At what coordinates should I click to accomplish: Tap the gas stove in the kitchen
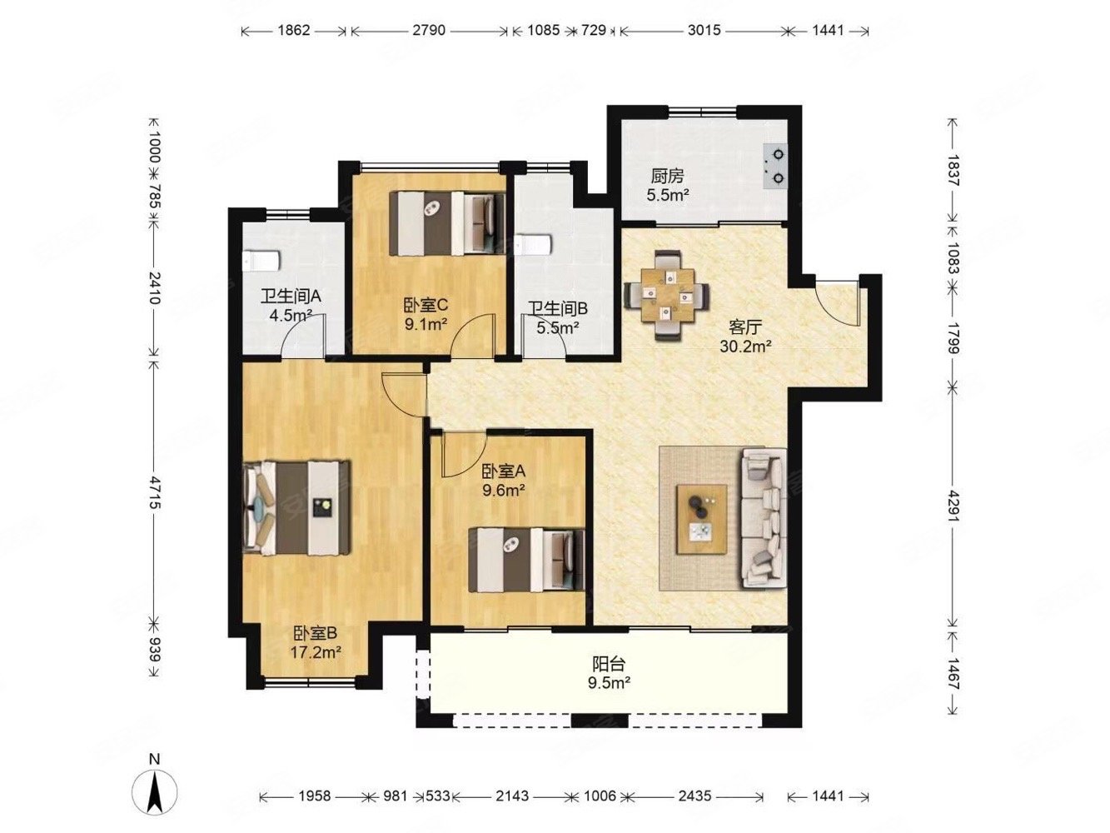pos(774,166)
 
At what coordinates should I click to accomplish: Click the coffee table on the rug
pos(701,519)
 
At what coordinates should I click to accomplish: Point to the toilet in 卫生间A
pos(261,261)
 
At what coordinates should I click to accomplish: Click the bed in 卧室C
pos(447,222)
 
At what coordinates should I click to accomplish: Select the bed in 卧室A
pos(526,559)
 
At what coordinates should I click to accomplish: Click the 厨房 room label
pos(667,176)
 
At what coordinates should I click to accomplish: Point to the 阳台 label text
pos(609,663)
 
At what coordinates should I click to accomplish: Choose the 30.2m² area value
pos(745,347)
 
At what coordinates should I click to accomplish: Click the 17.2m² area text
pos(315,652)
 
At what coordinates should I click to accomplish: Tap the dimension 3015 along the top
pos(704,30)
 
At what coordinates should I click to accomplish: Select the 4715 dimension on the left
pos(154,491)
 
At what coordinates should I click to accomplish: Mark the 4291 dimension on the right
pos(953,506)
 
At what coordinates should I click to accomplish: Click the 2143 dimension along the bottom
pos(512,796)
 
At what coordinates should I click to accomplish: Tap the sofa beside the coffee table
pos(764,517)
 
